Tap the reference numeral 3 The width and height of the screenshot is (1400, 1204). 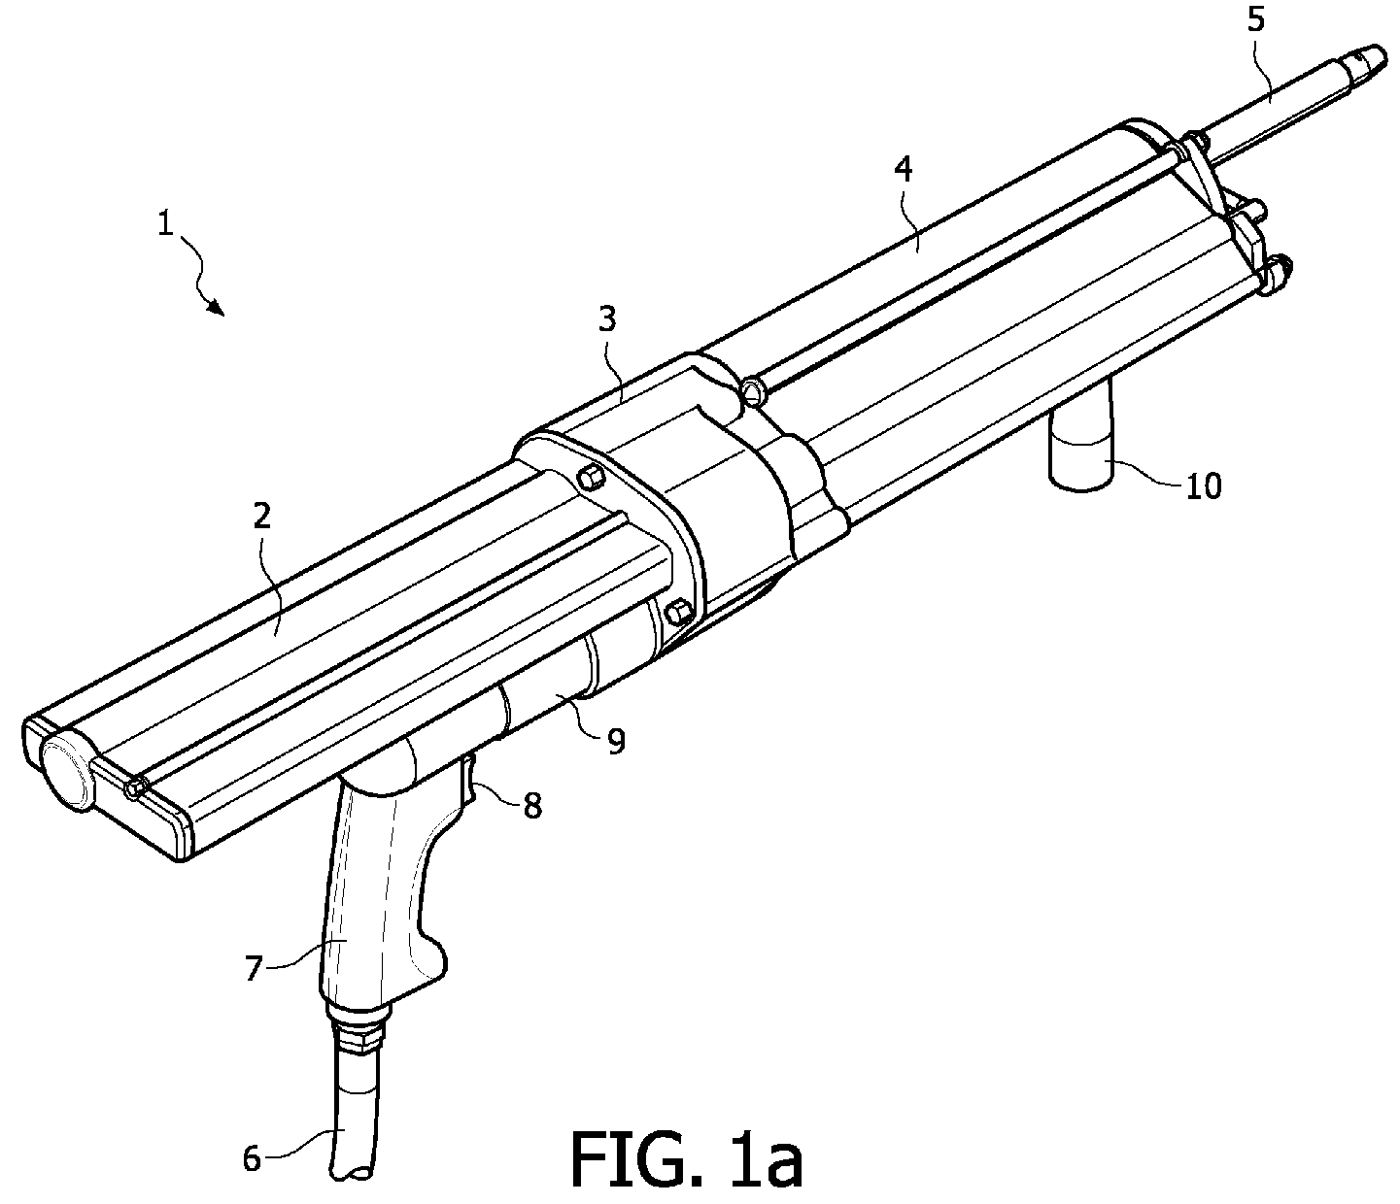point(607,320)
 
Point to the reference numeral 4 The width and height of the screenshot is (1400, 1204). point(903,171)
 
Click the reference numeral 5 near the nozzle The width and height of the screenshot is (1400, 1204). point(1256,22)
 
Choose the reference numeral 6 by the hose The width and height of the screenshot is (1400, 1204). point(252,1158)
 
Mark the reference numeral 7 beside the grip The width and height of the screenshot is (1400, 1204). point(254,967)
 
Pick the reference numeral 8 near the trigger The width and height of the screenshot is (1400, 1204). point(531,805)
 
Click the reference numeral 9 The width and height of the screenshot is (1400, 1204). point(615,741)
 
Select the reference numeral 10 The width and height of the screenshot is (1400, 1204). point(1203,485)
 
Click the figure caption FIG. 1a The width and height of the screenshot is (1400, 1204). point(686,1159)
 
